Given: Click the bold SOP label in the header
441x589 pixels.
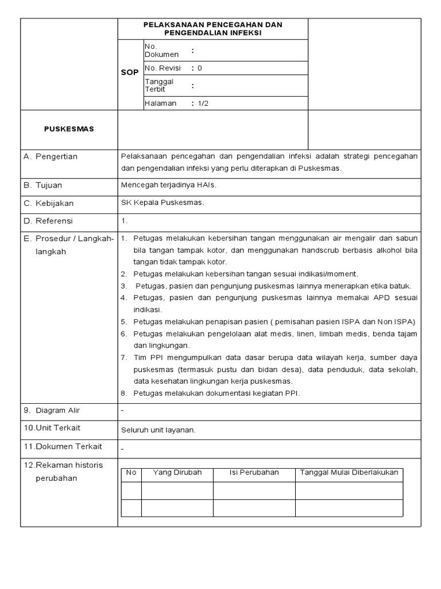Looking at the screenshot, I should click(130, 73).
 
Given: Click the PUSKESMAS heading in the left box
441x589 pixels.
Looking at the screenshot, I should click(69, 129).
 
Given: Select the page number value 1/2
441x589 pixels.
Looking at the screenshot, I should click(203, 104).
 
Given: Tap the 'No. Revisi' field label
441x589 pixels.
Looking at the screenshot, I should click(163, 68).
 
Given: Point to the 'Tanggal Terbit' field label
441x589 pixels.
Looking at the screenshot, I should click(159, 86).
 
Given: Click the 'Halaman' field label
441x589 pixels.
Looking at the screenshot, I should click(161, 104).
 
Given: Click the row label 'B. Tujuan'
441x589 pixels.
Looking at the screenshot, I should click(43, 185).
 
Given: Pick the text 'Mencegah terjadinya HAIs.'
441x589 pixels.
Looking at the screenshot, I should click(169, 185).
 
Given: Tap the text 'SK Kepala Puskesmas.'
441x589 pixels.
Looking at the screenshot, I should click(163, 203).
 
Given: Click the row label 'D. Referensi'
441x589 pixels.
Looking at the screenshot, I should click(48, 221).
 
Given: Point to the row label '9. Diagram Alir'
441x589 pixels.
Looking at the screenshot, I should click(52, 410).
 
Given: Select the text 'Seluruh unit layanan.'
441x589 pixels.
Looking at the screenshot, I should click(158, 429).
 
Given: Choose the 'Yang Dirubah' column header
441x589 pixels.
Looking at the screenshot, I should click(177, 472).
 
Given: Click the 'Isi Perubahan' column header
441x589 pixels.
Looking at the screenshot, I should click(254, 472).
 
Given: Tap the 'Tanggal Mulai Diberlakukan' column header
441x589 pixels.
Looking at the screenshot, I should click(349, 472).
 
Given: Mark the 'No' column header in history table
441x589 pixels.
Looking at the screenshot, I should click(131, 472).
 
